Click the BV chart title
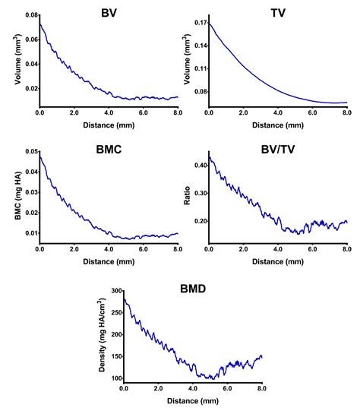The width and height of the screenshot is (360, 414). pos(109,13)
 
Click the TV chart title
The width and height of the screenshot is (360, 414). pos(278,13)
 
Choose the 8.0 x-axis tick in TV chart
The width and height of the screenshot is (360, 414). pos(346,112)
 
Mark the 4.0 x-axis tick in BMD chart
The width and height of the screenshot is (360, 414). pos(193,387)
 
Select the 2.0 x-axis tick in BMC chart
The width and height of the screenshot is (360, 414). pos(74,248)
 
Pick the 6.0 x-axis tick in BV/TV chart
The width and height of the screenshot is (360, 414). pos(312,248)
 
